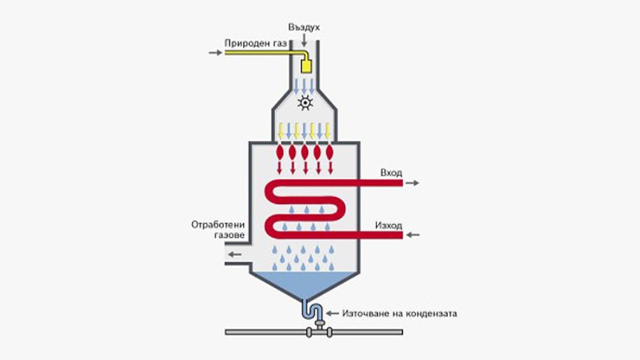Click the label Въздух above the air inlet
click(304, 28)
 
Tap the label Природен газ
click(255, 43)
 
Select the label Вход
click(391, 173)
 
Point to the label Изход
click(388, 226)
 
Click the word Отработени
click(218, 225)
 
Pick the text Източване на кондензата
click(400, 314)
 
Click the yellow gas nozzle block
click(306, 67)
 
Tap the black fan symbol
click(305, 102)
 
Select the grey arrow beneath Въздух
click(304, 40)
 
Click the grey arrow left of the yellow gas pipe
click(215, 53)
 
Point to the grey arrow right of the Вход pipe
click(412, 183)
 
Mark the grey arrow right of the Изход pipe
click(413, 235)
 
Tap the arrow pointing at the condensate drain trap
click(332, 314)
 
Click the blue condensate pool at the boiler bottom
click(304, 284)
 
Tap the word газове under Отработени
click(230, 235)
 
